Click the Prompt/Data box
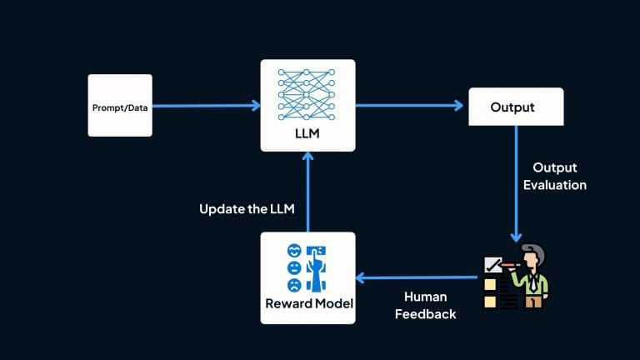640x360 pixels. tap(120, 106)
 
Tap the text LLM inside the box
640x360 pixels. tap(307, 134)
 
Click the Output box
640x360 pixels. tap(516, 107)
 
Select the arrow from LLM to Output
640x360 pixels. tap(408, 106)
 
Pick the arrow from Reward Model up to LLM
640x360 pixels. tap(307, 192)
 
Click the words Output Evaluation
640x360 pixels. tap(554, 177)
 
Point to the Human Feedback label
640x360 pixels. tap(427, 305)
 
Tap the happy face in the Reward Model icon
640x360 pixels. tap(293, 251)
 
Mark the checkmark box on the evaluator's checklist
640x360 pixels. tap(492, 266)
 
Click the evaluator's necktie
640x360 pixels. tap(532, 282)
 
